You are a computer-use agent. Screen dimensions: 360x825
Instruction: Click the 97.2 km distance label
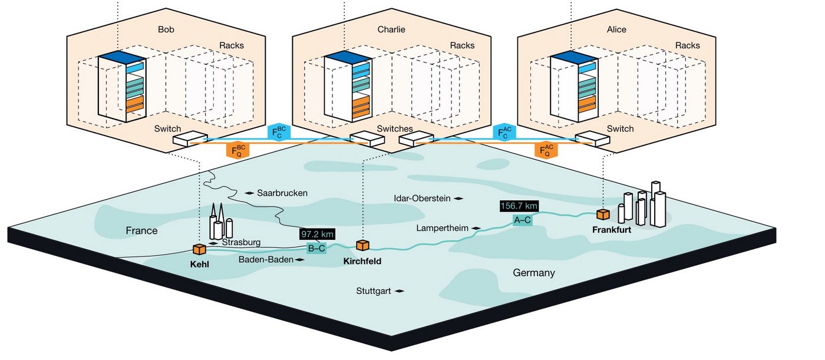[x=318, y=234]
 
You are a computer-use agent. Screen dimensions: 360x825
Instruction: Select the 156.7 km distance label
[x=519, y=206]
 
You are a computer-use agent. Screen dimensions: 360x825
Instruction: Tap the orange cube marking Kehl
[x=199, y=250]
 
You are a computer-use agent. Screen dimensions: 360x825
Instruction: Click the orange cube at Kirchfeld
[x=362, y=245]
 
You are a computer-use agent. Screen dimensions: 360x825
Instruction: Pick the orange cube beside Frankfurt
[x=602, y=214]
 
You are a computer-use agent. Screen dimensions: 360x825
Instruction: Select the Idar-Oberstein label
[x=422, y=199]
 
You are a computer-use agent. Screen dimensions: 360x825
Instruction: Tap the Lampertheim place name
[x=443, y=227]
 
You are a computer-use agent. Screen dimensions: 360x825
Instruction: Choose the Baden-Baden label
[x=266, y=260]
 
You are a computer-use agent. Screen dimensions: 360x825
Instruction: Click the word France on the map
[x=141, y=230]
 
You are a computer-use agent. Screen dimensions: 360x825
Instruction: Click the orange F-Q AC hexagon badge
[x=547, y=150]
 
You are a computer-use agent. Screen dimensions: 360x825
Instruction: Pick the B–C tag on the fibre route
[x=316, y=248]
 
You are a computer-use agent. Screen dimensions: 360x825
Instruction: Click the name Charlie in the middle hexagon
[x=391, y=29]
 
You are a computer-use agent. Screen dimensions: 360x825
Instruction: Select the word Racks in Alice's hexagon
[x=687, y=45]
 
